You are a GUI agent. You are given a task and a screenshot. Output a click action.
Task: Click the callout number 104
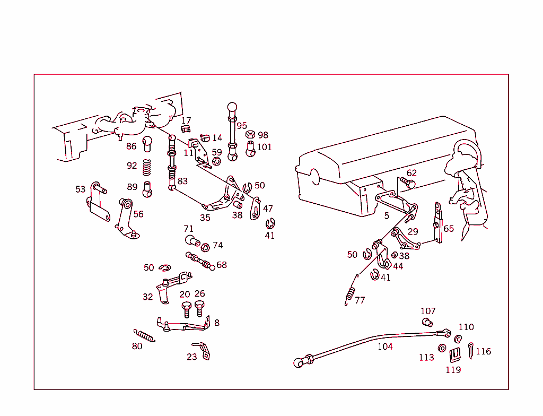coord(385,346)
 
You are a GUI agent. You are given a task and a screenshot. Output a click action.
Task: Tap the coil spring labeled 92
coord(147,167)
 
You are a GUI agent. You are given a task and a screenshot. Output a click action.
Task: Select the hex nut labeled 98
coord(250,134)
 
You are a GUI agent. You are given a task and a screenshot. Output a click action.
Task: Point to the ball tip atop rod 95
coord(232,107)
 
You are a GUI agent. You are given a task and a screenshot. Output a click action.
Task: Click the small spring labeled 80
coord(144,335)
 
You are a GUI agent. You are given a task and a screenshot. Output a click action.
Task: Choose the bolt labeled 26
coord(199,308)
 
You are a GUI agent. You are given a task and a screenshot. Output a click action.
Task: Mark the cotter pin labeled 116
coord(471,350)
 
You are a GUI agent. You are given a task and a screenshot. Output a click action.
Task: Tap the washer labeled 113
coord(441,348)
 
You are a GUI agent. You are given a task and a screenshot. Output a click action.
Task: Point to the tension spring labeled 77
coord(350,294)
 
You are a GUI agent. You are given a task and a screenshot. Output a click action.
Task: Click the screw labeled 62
coord(407,183)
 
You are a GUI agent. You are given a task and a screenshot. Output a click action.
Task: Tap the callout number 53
coord(80,189)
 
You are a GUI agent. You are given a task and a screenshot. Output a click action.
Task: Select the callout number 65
coord(449,229)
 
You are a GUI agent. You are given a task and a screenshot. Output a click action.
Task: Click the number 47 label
coord(268,209)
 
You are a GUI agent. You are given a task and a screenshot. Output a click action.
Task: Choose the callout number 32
coord(147,297)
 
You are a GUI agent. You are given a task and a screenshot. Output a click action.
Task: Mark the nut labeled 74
coord(205,246)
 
